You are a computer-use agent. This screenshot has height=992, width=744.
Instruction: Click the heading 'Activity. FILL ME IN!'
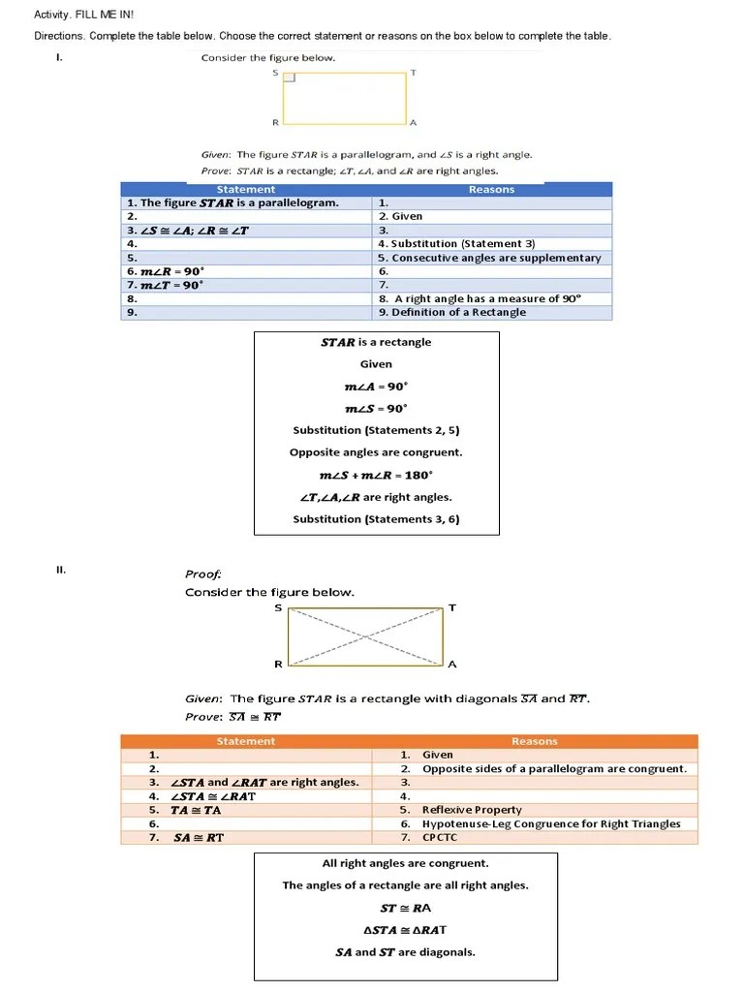click(x=71, y=15)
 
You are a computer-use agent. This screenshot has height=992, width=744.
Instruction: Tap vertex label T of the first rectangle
click(x=414, y=73)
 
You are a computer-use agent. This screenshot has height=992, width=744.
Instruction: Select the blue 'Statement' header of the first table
click(x=246, y=190)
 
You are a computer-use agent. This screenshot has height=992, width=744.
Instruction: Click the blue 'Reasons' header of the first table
click(x=491, y=190)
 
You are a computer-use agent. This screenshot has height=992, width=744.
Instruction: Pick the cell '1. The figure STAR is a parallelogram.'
click(x=233, y=203)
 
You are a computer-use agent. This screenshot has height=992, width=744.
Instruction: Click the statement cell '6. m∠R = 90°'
click(x=166, y=271)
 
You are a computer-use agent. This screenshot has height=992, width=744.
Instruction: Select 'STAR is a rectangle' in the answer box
click(x=376, y=342)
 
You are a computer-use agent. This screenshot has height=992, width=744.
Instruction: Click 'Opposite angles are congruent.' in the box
click(x=376, y=452)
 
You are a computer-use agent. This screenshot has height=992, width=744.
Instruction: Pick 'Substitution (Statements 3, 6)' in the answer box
click(x=376, y=519)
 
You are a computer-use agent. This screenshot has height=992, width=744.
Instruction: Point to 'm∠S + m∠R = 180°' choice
click(x=376, y=475)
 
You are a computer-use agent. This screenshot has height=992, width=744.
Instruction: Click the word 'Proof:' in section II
click(x=203, y=573)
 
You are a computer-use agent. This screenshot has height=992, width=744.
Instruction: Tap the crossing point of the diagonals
click(x=366, y=636)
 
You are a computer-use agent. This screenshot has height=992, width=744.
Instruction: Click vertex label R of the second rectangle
click(x=278, y=665)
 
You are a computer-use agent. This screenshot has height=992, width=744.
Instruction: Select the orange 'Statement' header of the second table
click(x=246, y=741)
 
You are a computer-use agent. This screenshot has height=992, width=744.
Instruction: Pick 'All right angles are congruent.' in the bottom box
click(x=405, y=863)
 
